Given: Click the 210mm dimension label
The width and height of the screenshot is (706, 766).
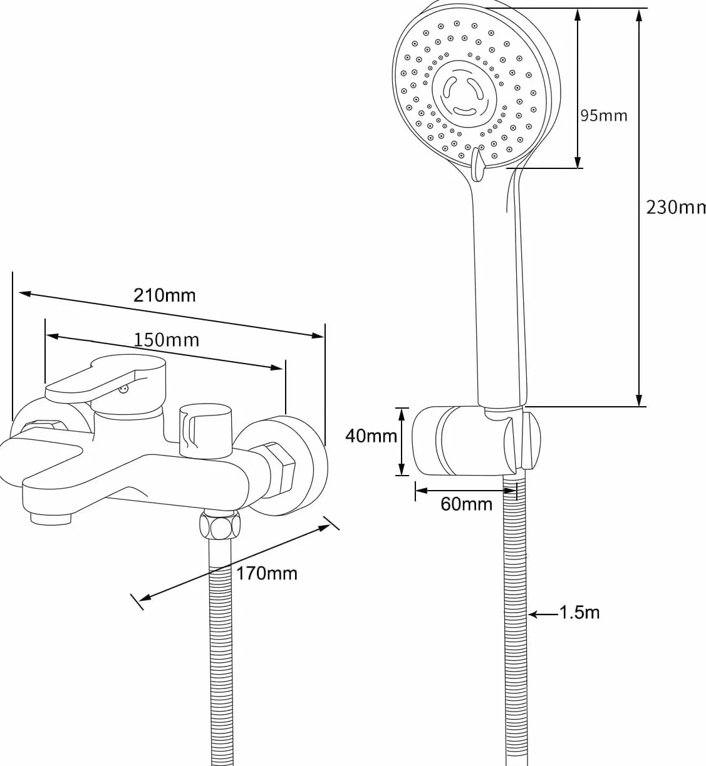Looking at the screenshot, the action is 164,295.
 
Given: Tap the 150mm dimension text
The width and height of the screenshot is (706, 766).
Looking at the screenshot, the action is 167,340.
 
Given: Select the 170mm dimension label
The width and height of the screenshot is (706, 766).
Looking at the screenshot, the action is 266,573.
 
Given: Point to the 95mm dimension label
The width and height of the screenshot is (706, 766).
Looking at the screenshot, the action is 603,115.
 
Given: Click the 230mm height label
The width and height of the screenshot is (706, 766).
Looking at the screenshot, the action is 675,207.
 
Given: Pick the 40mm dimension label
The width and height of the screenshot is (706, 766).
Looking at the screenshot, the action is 371,436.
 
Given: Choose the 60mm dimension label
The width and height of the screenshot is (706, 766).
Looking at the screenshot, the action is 466,504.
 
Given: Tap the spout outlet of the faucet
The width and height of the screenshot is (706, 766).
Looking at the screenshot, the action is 51,519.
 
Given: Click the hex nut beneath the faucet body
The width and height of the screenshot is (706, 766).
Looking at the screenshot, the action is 220,525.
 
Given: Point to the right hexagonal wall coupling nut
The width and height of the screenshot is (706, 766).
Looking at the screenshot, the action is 282,471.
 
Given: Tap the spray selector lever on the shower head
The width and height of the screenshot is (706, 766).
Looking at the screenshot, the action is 477,164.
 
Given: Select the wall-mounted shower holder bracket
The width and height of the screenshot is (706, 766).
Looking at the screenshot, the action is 477,441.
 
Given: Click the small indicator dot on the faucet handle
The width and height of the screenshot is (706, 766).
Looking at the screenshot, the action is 123,389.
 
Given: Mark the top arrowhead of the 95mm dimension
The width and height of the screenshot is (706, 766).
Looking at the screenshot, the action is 578,15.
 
